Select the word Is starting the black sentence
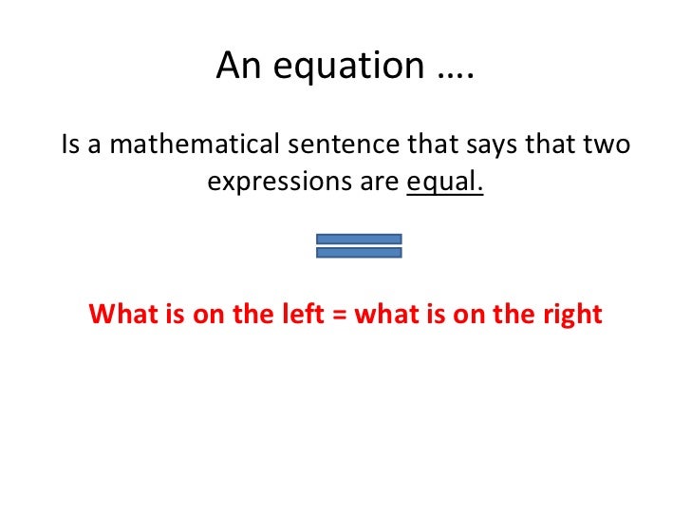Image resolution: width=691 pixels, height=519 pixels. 72,145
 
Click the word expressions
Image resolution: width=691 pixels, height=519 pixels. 276,182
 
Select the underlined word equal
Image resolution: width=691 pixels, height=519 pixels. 444,182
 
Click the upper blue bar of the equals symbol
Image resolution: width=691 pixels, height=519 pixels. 359,239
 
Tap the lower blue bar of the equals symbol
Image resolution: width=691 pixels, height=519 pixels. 359,253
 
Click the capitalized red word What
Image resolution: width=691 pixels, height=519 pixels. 119,314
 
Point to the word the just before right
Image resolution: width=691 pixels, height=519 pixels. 517,314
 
